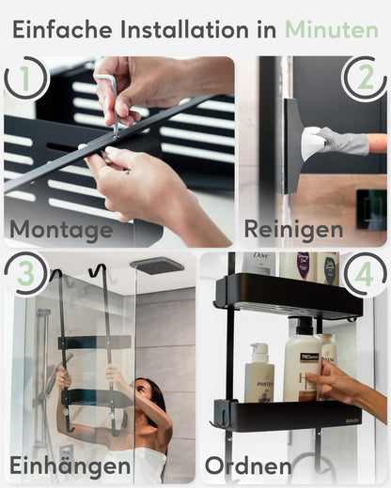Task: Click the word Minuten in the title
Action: [333, 29]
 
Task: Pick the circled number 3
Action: [26, 274]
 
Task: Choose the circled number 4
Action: [363, 274]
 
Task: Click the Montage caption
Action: [61, 229]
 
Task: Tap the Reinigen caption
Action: [294, 229]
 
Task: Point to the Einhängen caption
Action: [70, 465]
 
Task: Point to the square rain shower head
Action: [156, 266]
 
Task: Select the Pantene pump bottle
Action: [259, 377]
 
